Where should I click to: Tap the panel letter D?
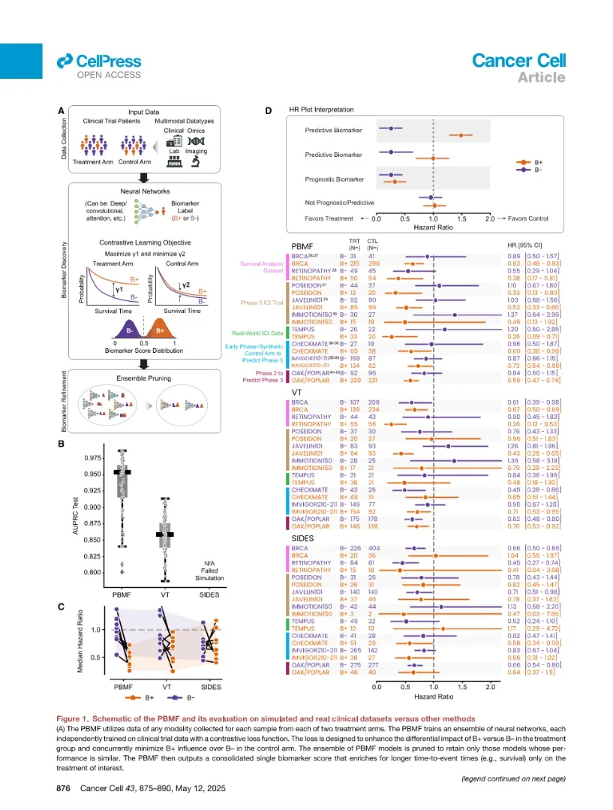(x=269, y=111)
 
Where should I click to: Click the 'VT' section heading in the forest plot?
(x=296, y=392)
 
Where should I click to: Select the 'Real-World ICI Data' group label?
(x=257, y=332)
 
